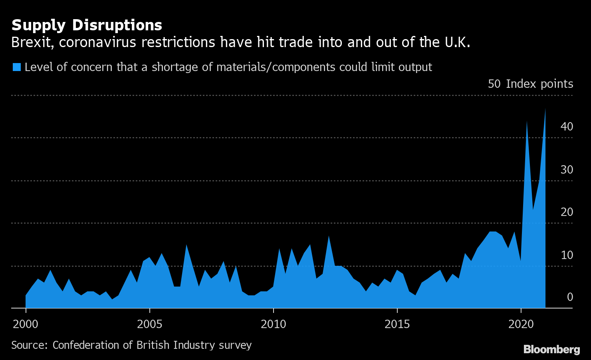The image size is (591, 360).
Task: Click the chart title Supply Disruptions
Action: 87,25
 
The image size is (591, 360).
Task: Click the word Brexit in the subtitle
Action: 32,42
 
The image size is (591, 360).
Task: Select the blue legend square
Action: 16,67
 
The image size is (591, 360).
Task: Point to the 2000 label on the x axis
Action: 26,324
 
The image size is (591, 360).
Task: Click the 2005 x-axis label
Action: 149,324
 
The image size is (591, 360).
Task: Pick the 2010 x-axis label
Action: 273,324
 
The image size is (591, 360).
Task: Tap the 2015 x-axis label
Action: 397,324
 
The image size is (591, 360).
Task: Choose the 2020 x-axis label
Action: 521,324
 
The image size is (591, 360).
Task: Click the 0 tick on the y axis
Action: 569,297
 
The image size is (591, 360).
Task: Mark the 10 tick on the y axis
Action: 567,255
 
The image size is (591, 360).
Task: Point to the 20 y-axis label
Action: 567,212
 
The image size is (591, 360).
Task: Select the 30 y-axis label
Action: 567,170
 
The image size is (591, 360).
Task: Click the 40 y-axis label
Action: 567,127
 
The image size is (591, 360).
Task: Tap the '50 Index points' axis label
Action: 530,84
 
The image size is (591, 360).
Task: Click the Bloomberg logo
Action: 551,350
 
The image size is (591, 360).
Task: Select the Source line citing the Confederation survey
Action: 131,345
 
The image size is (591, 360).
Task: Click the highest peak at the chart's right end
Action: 545,110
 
